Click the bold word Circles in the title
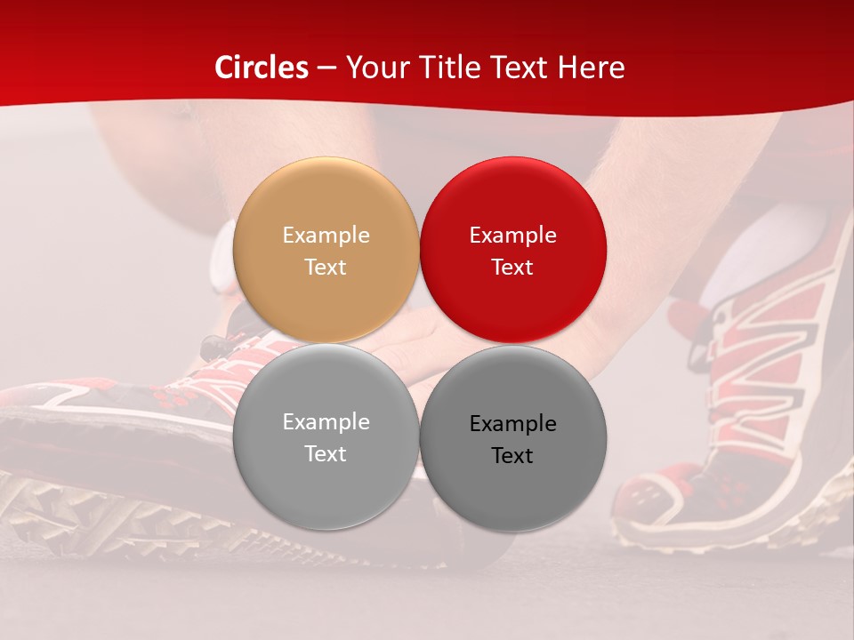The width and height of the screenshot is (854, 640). (261, 68)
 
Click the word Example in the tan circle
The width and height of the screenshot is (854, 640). (326, 236)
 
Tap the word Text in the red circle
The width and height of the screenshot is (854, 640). (512, 268)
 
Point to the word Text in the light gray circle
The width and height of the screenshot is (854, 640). (326, 454)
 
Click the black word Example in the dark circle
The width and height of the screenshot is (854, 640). (513, 424)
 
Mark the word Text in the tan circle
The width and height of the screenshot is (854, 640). (326, 268)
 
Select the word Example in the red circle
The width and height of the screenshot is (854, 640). (513, 236)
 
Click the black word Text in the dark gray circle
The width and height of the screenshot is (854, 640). (512, 456)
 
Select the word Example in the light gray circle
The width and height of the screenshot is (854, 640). (326, 422)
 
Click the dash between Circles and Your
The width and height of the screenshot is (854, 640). (326, 68)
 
